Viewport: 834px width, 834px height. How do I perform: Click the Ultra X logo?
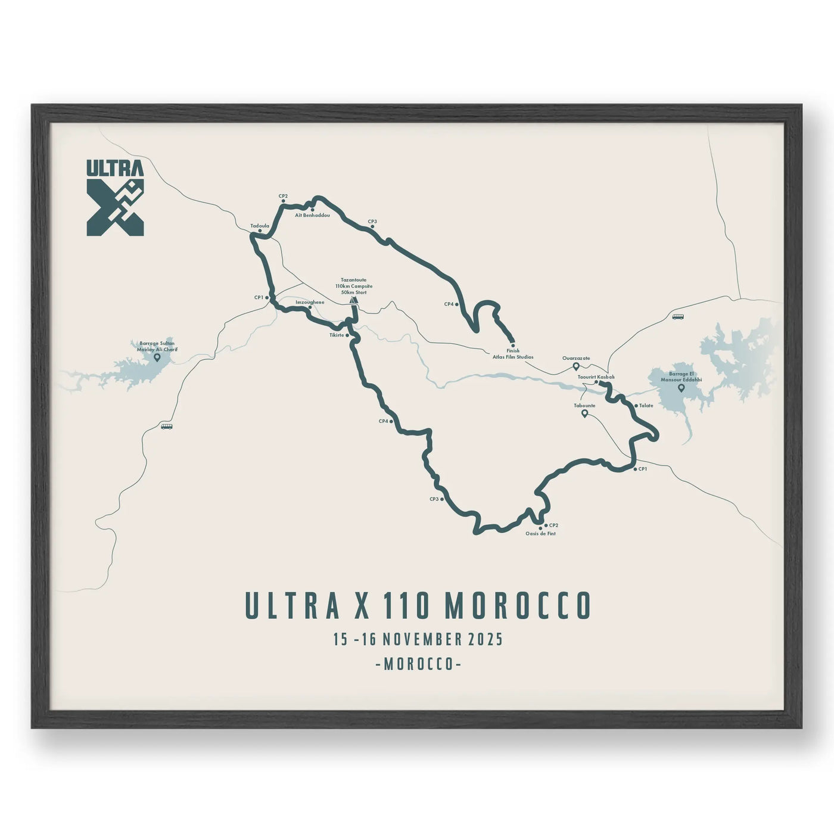115,197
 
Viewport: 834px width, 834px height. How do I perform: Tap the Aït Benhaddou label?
312,215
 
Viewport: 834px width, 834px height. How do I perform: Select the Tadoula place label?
260,226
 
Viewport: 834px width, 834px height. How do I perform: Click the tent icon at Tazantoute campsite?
354,301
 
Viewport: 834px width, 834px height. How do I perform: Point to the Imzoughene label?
310,302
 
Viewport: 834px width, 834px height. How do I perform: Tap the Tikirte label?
337,335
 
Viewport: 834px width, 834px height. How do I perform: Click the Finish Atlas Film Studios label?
513,354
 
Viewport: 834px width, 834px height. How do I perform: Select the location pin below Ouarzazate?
576,366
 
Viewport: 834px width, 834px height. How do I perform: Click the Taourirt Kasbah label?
596,377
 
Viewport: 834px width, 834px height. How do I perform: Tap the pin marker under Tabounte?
584,413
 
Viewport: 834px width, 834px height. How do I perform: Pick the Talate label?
646,406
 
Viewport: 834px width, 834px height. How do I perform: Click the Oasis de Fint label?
540,534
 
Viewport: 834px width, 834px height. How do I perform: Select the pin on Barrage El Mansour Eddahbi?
681,388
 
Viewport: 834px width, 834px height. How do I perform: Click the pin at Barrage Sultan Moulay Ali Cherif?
157,357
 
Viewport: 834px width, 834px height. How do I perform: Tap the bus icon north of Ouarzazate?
678,317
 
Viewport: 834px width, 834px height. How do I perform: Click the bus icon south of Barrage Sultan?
166,427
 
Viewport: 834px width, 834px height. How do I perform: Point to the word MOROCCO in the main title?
518,606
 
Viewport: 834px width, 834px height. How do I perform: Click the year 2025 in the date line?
486,640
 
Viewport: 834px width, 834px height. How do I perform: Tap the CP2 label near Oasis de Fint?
553,525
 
